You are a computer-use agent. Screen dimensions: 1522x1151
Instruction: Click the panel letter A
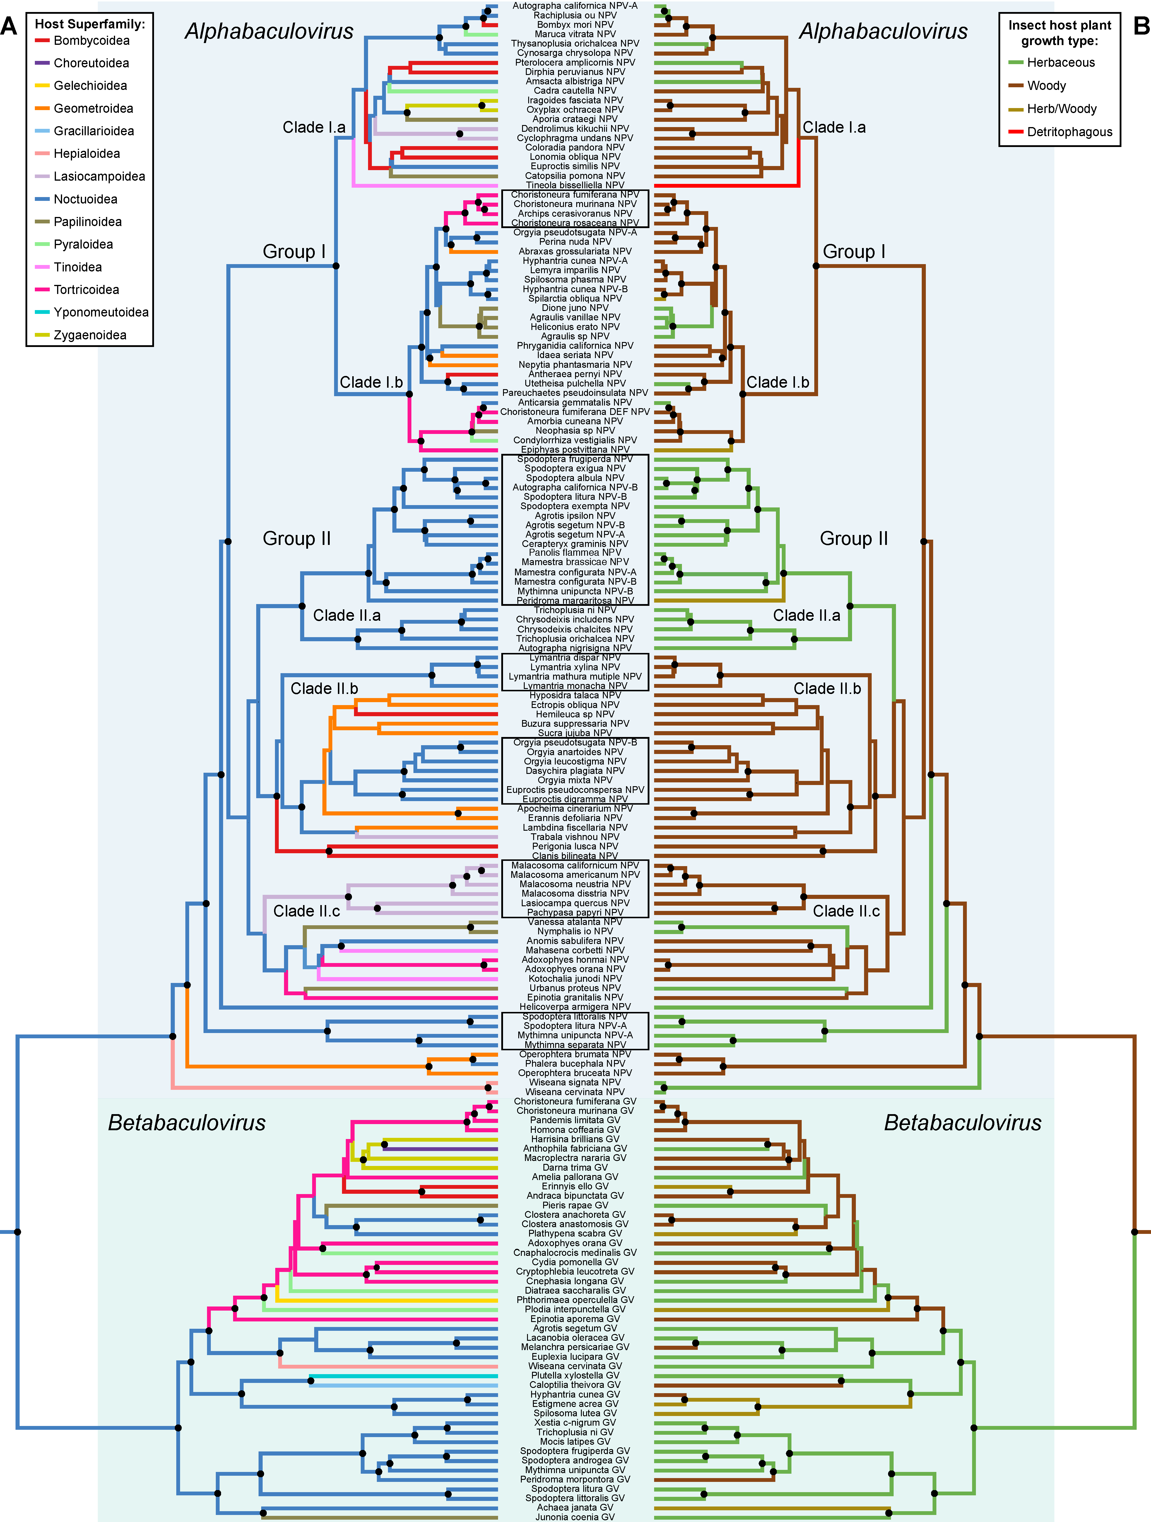[9, 26]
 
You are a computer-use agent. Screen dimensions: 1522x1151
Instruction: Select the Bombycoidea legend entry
[92, 41]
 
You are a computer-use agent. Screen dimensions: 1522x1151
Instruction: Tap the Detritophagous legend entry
[1069, 132]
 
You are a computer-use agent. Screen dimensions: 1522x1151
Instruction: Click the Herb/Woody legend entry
[1062, 109]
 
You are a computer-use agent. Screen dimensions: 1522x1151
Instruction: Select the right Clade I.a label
[834, 127]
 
